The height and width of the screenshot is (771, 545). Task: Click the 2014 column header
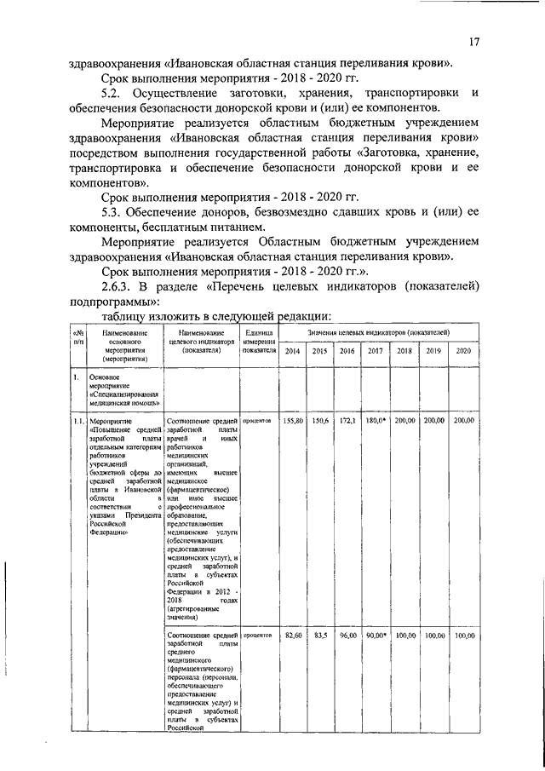pyautogui.click(x=292, y=351)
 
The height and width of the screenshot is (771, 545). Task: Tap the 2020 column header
pyautogui.click(x=463, y=351)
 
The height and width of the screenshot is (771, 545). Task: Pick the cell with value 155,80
pyautogui.click(x=293, y=421)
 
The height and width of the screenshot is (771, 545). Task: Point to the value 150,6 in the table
pyautogui.click(x=320, y=421)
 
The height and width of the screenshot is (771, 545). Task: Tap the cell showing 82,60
pyautogui.click(x=294, y=636)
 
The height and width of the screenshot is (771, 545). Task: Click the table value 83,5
pyautogui.click(x=321, y=636)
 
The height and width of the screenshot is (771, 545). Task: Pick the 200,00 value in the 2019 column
pyautogui.click(x=434, y=421)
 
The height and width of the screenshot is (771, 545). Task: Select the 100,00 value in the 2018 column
pyautogui.click(x=405, y=636)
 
